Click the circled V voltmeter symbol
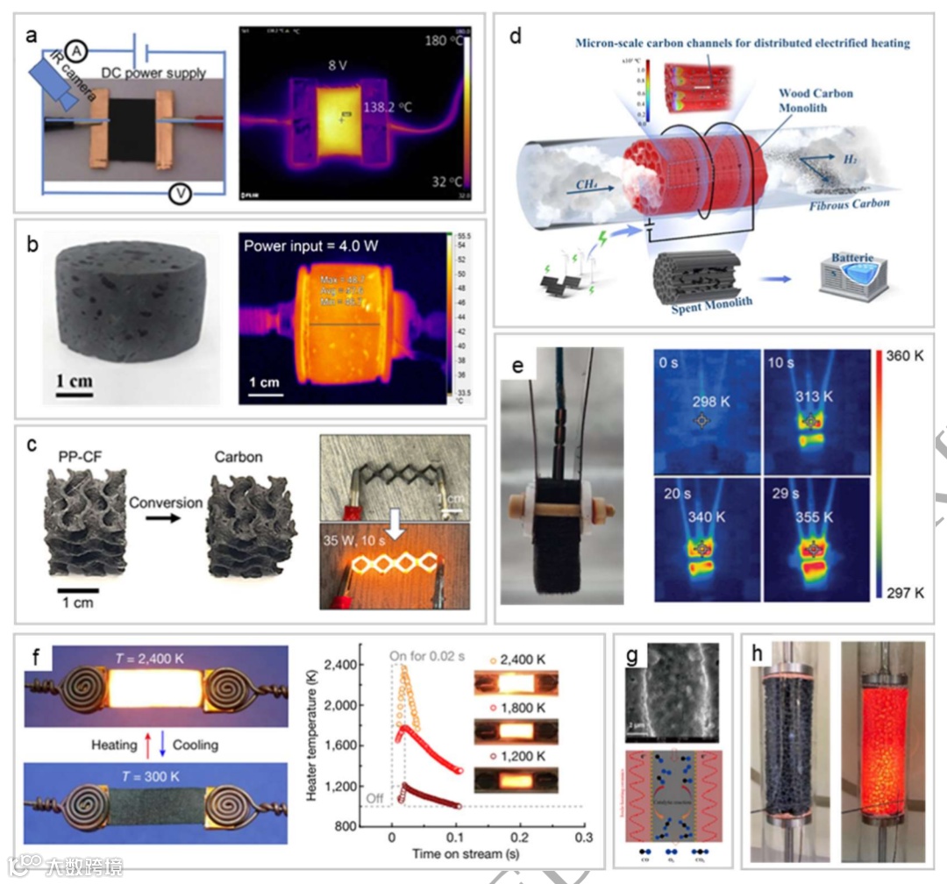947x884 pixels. pos(180,195)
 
